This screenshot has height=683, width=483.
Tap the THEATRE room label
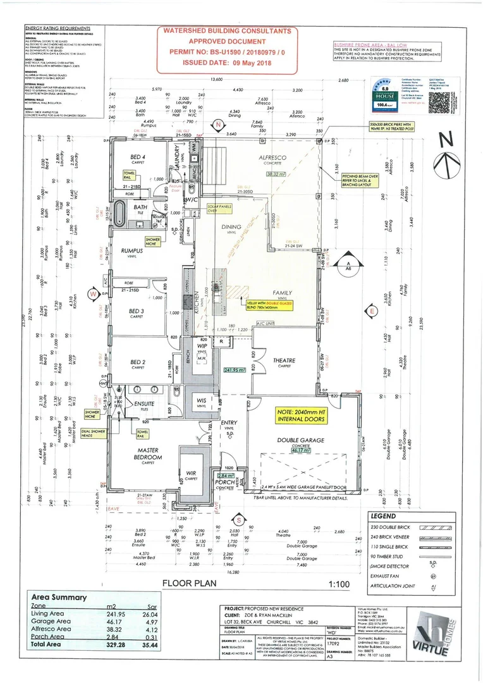point(284,360)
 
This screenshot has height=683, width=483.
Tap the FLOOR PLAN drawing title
point(190,584)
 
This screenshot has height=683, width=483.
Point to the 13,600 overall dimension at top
point(217,79)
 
